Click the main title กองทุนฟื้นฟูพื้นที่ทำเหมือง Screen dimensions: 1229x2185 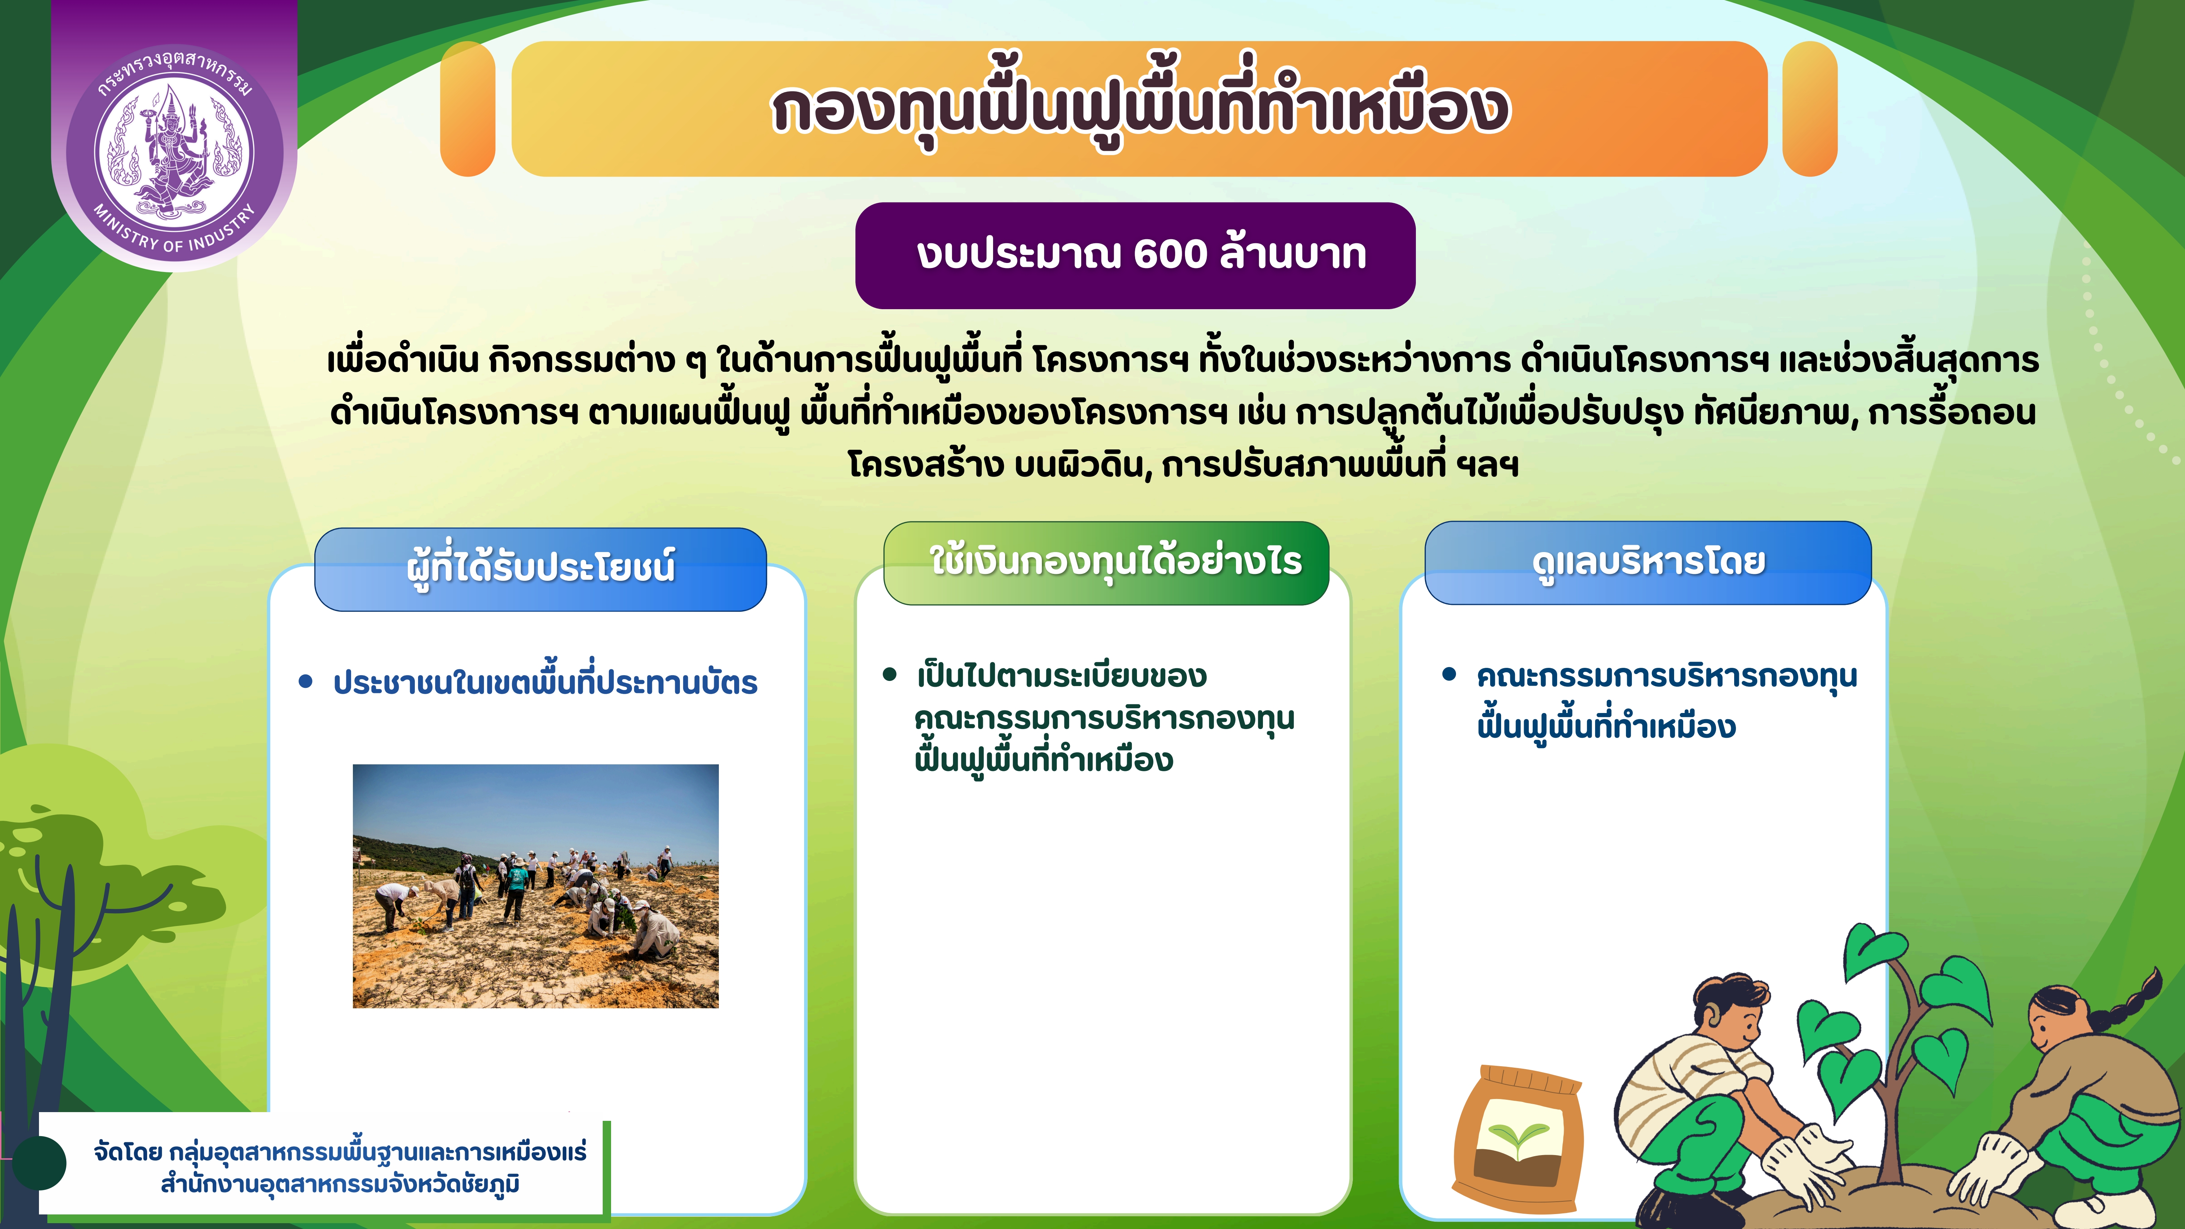click(1139, 109)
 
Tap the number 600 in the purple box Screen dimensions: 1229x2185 click(1170, 255)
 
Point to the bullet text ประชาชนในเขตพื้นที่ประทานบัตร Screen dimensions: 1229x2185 click(544, 683)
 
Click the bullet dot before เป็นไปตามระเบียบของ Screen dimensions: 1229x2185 click(889, 675)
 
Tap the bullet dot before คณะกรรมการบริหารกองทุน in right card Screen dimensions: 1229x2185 click(1449, 675)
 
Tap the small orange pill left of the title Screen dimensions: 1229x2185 click(467, 109)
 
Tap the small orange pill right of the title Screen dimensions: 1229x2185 click(1809, 109)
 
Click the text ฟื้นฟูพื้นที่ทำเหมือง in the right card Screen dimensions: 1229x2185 click(1606, 727)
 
